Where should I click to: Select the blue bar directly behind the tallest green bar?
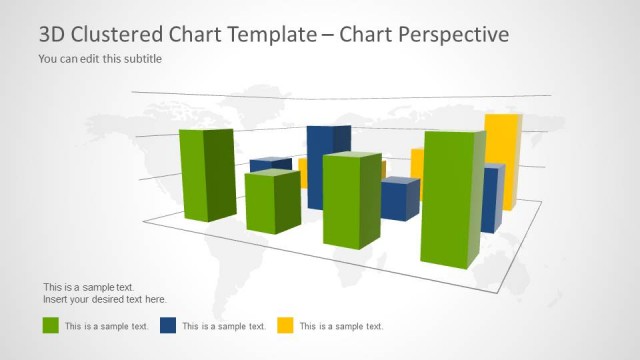point(491,198)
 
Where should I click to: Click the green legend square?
point(50,325)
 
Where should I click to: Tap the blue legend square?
point(168,325)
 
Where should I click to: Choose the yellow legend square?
point(285,325)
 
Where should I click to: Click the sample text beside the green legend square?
point(107,326)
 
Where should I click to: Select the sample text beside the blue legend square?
point(224,326)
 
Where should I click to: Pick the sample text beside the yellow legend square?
point(341,326)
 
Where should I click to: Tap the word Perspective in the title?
point(449,34)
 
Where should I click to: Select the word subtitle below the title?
point(140,58)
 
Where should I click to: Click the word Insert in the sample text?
point(56,300)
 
